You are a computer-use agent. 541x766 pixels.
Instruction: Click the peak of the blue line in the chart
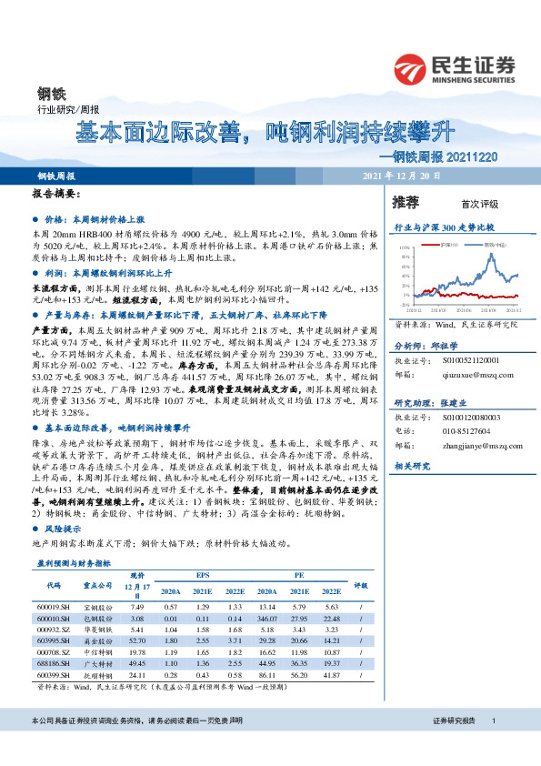[493, 256]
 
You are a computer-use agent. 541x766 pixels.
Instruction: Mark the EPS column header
[201, 575]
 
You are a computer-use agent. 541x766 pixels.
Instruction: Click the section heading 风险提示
[62, 528]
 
